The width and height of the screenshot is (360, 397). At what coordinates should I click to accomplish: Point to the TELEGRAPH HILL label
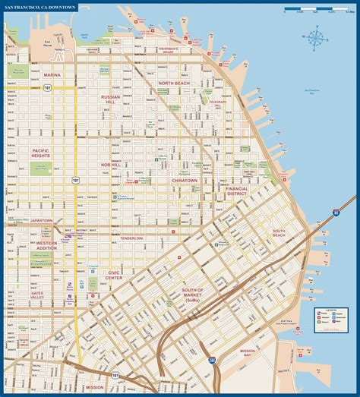[218, 103]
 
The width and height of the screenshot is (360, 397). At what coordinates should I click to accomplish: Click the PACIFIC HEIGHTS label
[46, 153]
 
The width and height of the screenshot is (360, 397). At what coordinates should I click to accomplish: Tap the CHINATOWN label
[184, 180]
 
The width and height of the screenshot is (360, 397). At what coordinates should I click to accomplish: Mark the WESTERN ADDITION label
[46, 245]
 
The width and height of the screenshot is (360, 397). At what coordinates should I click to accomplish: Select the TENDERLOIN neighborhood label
[131, 238]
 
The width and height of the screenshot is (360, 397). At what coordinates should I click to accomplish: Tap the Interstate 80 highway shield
[336, 214]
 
